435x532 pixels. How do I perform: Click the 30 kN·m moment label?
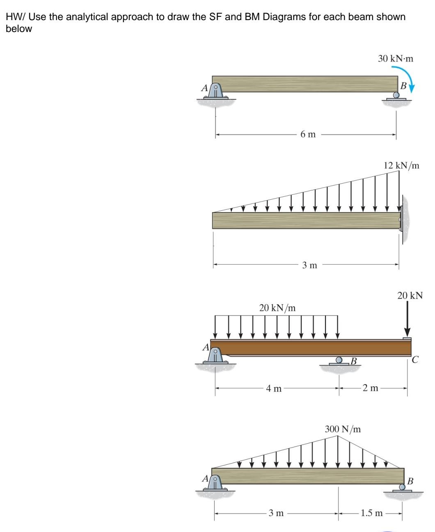396,59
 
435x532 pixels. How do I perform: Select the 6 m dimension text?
308,135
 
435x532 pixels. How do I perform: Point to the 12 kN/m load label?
401,166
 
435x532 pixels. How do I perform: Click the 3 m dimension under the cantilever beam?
310,265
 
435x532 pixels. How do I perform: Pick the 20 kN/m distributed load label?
277,308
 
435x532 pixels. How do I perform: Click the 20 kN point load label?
410,295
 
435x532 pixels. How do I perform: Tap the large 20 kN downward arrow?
407,320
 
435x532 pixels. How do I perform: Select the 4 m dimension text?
274,388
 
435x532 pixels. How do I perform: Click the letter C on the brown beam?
415,360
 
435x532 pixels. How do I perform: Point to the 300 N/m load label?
343,429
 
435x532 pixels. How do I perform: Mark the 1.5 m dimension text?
371,513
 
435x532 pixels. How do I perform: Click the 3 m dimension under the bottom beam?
276,513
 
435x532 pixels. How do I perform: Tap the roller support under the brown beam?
339,361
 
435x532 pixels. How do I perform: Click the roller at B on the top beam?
396,96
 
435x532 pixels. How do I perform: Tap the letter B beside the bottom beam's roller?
411,480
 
